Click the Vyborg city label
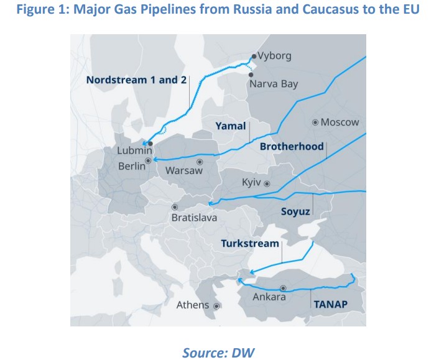pyautogui.click(x=274, y=55)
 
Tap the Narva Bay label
pyautogui.click(x=273, y=83)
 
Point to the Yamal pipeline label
pyautogui.click(x=231, y=126)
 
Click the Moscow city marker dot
pyautogui.click(x=316, y=122)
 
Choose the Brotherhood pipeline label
pyautogui.click(x=292, y=146)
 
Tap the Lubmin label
pyautogui.click(x=134, y=151)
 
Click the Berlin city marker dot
pyautogui.click(x=148, y=161)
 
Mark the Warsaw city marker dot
pyautogui.click(x=200, y=162)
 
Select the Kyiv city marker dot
pyautogui.click(x=267, y=183)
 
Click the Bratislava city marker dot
pyautogui.click(x=175, y=207)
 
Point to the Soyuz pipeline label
pyautogui.click(x=295, y=211)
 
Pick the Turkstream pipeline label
pyautogui.click(x=250, y=243)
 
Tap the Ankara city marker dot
pyautogui.click(x=283, y=288)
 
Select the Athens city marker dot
pyautogui.click(x=217, y=306)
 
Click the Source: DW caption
pyautogui.click(x=218, y=352)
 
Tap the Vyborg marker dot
pyautogui.click(x=253, y=55)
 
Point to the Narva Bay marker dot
pyautogui.click(x=251, y=74)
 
